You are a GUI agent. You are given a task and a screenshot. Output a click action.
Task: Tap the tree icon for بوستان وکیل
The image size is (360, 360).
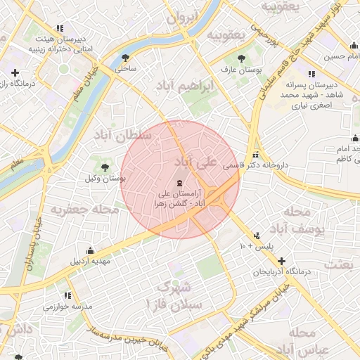click(x=105, y=167)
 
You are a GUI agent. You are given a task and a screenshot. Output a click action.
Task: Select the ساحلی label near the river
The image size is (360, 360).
click(x=126, y=70)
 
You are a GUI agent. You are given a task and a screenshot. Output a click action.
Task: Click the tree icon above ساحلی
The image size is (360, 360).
click(x=126, y=58)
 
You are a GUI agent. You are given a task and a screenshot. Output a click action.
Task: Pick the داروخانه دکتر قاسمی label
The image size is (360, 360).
click(x=256, y=167)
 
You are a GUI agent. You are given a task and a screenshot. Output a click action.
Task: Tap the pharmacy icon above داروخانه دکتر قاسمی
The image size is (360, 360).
click(x=255, y=155)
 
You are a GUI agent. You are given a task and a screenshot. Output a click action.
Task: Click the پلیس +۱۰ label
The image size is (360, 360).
click(x=256, y=247)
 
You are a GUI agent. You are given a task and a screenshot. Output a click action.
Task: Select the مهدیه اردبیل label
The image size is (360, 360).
click(x=90, y=262)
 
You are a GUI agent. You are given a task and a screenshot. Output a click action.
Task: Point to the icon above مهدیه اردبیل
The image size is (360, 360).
click(x=90, y=250)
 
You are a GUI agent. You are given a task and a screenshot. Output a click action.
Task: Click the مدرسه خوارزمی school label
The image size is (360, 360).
click(x=67, y=307)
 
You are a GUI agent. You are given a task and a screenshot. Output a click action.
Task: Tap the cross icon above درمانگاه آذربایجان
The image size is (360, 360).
click(x=281, y=261)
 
